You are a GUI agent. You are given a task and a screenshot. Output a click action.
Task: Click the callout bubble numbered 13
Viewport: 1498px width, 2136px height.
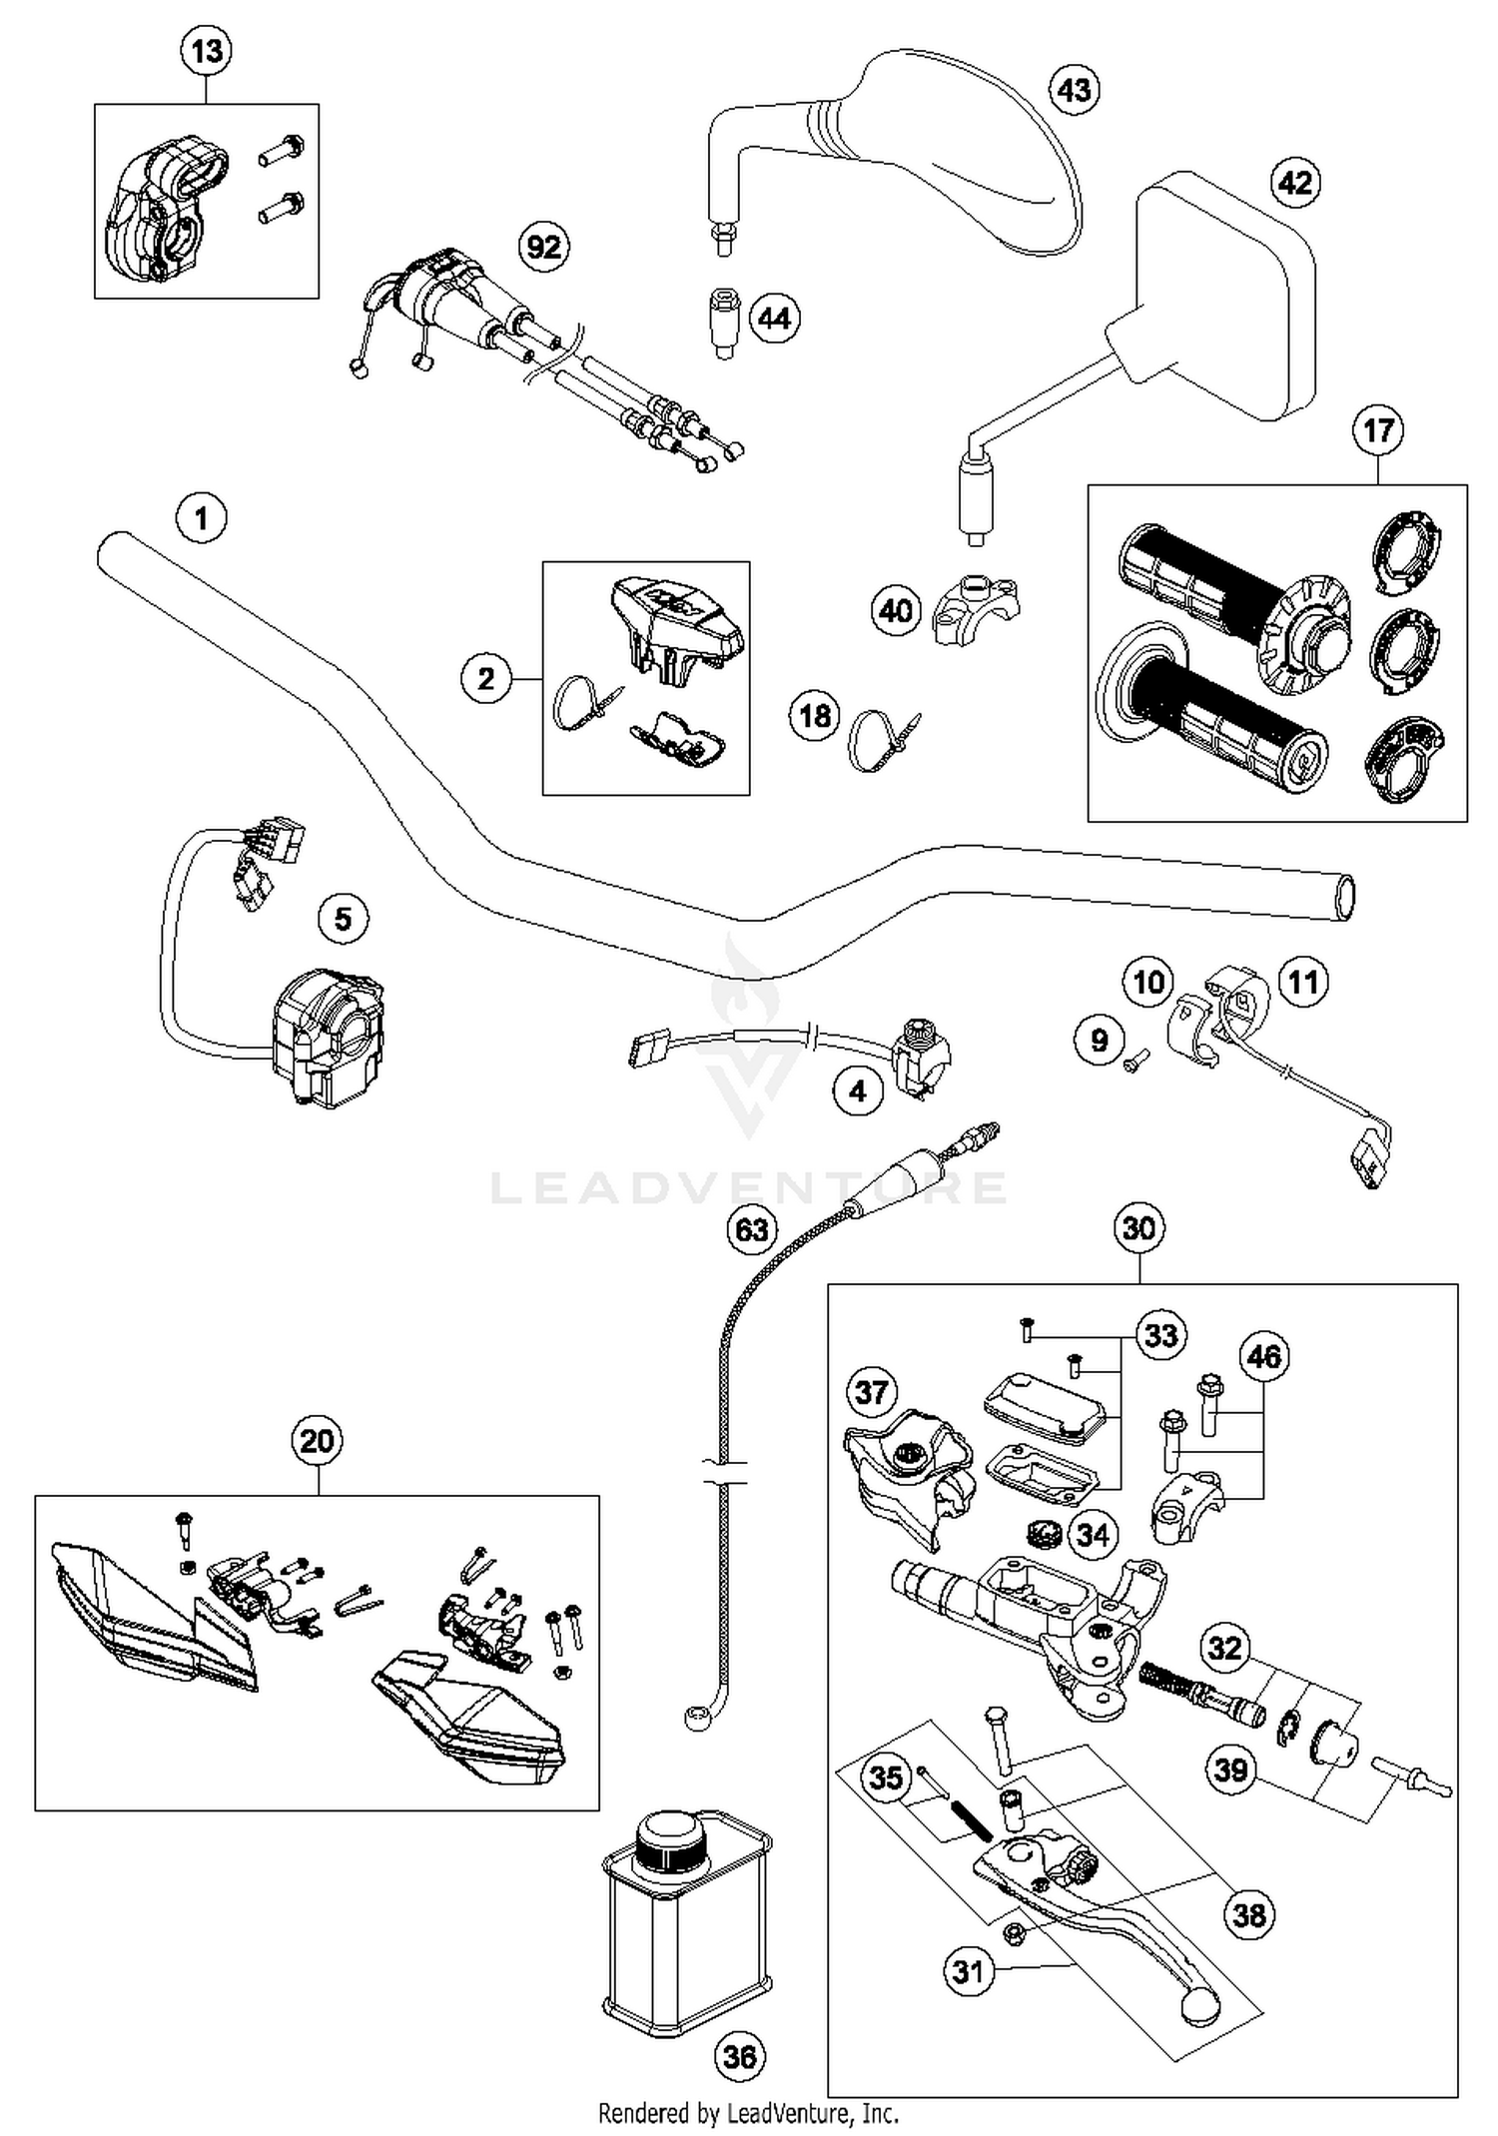click(207, 50)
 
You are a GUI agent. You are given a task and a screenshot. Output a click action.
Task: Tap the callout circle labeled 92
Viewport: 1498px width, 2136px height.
click(544, 246)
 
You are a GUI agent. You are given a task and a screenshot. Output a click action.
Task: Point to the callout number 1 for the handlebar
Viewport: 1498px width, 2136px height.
click(202, 518)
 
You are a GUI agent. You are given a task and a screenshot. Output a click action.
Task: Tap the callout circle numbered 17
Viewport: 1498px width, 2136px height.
click(1378, 430)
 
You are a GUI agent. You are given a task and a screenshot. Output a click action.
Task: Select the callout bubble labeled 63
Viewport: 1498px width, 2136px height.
click(751, 1228)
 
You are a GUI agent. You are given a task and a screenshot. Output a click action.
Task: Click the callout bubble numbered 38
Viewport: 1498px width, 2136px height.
click(1248, 1914)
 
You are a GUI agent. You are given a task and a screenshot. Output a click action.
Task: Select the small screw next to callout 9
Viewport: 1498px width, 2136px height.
click(1136, 1061)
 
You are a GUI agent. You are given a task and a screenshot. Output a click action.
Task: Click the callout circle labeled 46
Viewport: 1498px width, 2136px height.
click(1263, 1356)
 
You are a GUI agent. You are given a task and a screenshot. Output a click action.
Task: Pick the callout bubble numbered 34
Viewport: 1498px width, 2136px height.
click(1093, 1534)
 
